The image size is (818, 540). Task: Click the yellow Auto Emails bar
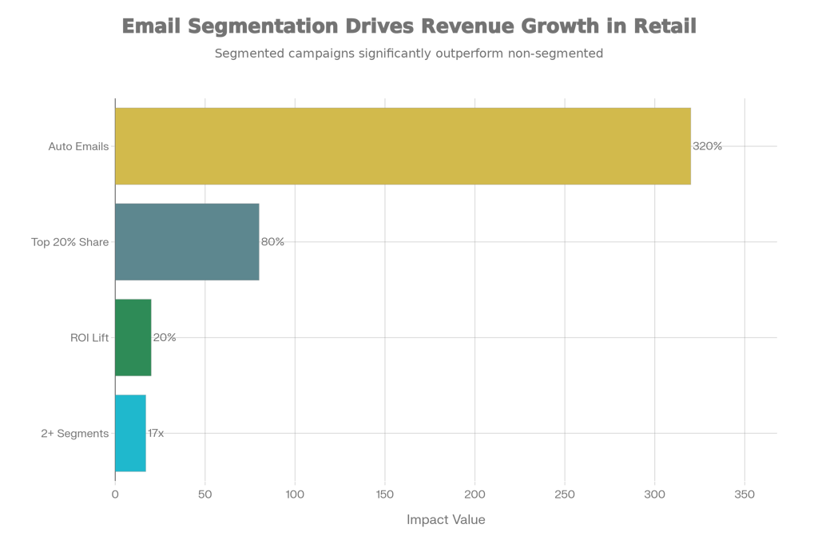click(x=403, y=146)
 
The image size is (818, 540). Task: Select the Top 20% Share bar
click(x=187, y=242)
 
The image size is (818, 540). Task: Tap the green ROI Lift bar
click(x=133, y=337)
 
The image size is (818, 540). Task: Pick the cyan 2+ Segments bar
click(x=130, y=433)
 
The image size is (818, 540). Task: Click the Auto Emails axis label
click(x=78, y=146)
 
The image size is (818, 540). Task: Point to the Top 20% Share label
click(x=69, y=242)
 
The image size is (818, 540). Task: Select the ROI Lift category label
click(x=89, y=338)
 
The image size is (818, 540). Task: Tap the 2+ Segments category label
click(x=74, y=434)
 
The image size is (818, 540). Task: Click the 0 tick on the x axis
click(x=115, y=494)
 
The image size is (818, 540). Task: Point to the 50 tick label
click(x=205, y=494)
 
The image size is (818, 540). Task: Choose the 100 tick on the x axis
click(x=295, y=494)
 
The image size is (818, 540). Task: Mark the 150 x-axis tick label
click(x=385, y=494)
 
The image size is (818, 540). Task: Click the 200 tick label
click(x=475, y=494)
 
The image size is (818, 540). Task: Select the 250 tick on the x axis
click(x=565, y=494)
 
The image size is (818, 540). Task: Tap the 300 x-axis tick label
click(x=654, y=494)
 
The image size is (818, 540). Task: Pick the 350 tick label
click(x=745, y=494)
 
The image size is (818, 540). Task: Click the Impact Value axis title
click(x=445, y=520)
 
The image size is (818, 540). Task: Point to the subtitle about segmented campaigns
click(x=408, y=54)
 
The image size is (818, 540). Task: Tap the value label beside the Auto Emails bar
click(x=708, y=146)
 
